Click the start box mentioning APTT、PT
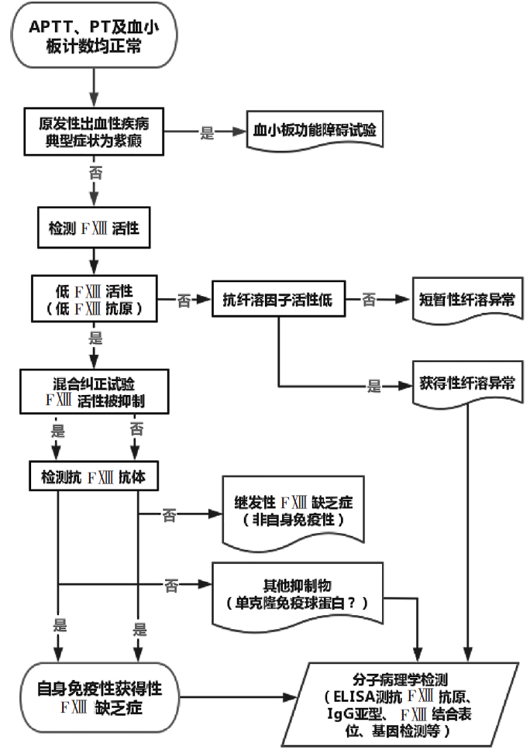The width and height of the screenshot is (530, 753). click(93, 36)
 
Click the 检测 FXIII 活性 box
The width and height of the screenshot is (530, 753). click(93, 230)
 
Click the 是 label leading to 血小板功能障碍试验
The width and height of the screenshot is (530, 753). click(207, 132)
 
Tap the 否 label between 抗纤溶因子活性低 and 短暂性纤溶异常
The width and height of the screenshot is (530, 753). click(370, 300)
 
